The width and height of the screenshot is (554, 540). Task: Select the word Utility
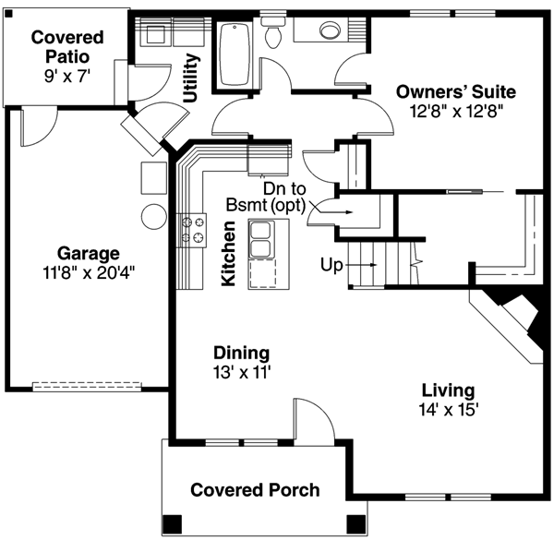pos(191,78)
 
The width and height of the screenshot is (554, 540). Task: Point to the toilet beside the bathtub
pos(272,33)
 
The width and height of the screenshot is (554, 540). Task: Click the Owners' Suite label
pos(455,91)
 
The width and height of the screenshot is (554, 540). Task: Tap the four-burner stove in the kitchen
pos(192,230)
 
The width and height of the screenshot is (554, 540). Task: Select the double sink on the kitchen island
pos(263,246)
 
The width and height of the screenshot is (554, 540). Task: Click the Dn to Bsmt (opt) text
pos(268,195)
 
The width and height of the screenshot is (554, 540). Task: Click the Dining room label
pos(241,353)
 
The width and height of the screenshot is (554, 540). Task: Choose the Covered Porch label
pos(255,489)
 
